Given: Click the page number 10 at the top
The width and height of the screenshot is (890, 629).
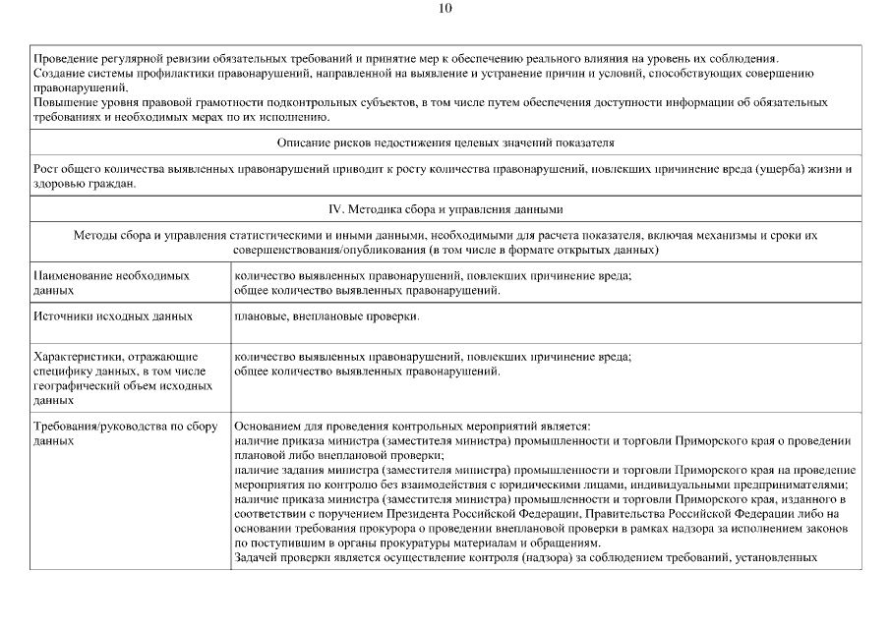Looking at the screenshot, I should [445, 9].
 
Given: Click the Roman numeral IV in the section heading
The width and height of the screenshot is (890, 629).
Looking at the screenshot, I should [334, 209].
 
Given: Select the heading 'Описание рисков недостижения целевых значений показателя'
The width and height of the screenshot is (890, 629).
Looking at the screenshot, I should [445, 143].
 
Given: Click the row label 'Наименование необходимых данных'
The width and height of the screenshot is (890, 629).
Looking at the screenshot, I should [111, 284].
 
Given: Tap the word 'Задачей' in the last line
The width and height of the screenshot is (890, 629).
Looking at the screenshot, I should [258, 559].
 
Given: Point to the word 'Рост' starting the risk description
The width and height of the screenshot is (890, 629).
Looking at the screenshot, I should [46, 170].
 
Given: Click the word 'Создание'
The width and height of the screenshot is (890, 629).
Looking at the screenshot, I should [60, 74].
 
